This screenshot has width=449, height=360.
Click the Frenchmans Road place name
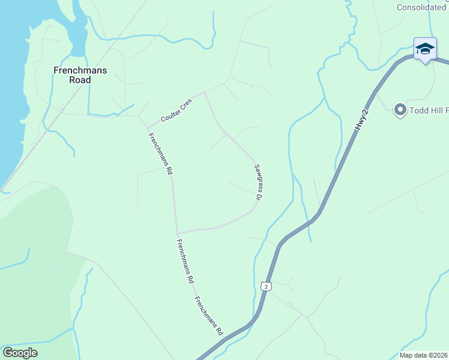[x=80, y=75]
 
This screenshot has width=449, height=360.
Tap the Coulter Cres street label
[x=176, y=110]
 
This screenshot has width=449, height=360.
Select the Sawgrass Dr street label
[x=258, y=182]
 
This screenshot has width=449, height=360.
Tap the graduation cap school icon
[x=425, y=49]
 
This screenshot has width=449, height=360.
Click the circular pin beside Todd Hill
[x=400, y=110]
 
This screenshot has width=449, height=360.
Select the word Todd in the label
[x=419, y=110]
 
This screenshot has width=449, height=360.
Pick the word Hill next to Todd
[x=438, y=110]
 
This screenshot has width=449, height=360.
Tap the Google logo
[x=20, y=353]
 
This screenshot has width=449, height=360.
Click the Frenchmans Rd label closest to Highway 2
[x=208, y=317]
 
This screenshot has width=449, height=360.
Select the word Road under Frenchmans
[x=80, y=80]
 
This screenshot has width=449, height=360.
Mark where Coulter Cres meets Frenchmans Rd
[x=148, y=126]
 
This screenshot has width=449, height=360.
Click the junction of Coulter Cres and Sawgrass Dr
[x=205, y=92]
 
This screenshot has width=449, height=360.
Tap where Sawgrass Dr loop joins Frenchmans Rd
[x=177, y=233]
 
